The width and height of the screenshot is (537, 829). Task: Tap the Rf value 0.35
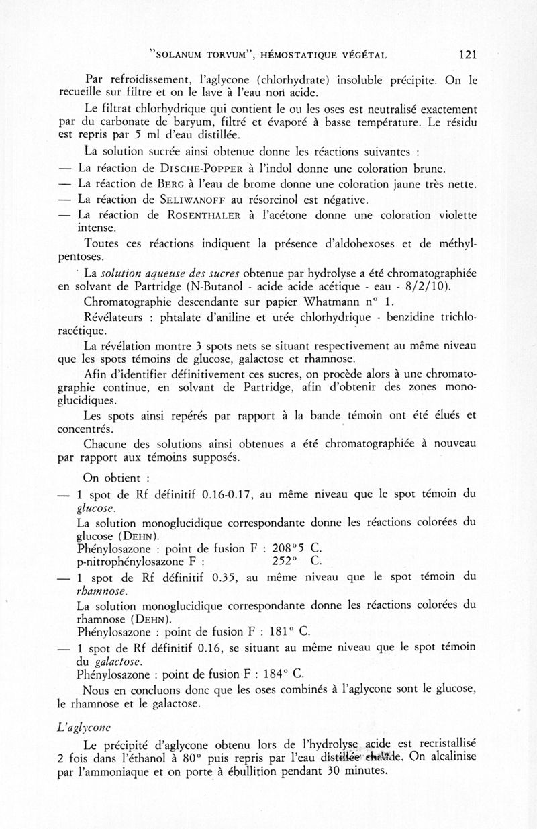tap(225, 577)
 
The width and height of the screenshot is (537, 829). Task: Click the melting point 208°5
tap(289, 548)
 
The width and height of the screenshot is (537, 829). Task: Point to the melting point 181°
tap(279, 632)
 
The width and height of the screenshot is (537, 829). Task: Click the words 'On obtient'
tap(111, 479)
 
